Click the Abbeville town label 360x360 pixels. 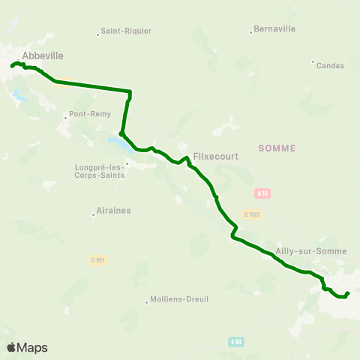[43, 55]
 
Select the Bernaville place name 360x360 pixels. [275, 28]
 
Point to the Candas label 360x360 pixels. [330, 65]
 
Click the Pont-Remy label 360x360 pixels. [89, 114]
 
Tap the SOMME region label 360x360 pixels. [277, 148]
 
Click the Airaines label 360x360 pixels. [114, 211]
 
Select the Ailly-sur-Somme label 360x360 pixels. [301, 250]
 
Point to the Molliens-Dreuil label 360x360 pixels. [179, 299]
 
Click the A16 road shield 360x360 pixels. [262, 193]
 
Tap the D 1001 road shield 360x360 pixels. [253, 215]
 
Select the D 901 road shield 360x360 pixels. [97, 260]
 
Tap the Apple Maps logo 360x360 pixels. [27, 347]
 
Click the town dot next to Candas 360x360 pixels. [313, 61]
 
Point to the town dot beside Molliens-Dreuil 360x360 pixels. [147, 302]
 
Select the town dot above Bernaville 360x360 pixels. [251, 31]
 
